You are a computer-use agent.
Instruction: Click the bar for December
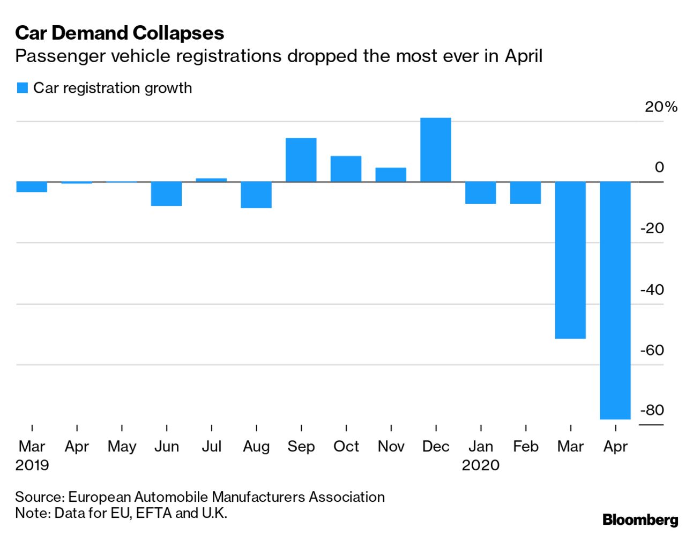[x=435, y=150]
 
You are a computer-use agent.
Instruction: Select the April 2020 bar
[x=615, y=300]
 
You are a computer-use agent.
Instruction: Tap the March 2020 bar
[x=570, y=260]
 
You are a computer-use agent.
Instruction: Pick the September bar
[x=301, y=160]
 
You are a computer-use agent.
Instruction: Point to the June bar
[x=166, y=194]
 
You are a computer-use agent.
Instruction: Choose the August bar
[x=256, y=195]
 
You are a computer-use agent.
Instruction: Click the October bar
[x=346, y=169]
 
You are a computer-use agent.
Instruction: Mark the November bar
[x=391, y=175]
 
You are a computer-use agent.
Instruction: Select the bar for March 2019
[x=32, y=187]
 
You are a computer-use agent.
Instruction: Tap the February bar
[x=525, y=192]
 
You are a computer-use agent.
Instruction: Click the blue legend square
[x=22, y=88]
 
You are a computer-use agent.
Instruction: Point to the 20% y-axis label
[x=661, y=107]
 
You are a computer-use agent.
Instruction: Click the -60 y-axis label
[x=652, y=350]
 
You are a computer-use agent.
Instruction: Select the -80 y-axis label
[x=652, y=410]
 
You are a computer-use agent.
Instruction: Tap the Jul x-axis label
[x=211, y=446]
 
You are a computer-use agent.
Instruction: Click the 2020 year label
[x=480, y=465]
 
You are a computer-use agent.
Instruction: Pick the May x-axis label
[x=122, y=446]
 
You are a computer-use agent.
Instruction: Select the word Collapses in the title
[x=178, y=33]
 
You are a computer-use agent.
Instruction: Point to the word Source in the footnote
[x=39, y=497]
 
